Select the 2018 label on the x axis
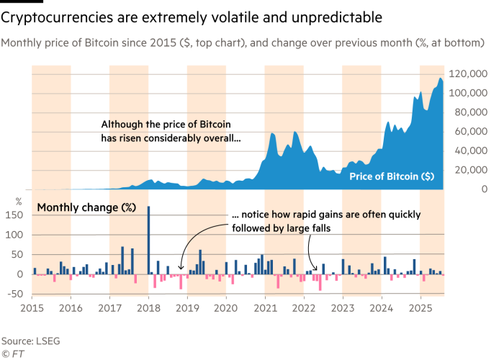click(148, 307)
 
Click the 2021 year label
click(265, 307)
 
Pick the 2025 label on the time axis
click(420, 307)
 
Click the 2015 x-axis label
click(32, 307)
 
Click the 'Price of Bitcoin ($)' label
click(391, 176)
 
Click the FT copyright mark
click(11, 354)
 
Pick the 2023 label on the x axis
click(343, 307)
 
